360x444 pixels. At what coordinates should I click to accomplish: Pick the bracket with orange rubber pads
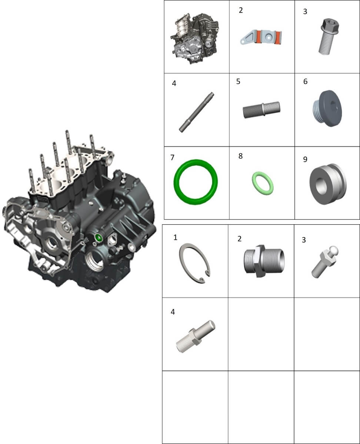pyautogui.click(x=261, y=37)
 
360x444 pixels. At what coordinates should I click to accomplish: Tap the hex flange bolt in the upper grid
pyautogui.click(x=329, y=37)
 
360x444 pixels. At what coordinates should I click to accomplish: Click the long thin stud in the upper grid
pyautogui.click(x=196, y=112)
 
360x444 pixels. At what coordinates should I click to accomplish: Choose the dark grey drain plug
pyautogui.click(x=327, y=108)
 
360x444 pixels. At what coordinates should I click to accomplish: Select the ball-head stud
pyautogui.click(x=325, y=262)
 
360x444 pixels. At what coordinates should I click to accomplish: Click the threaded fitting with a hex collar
pyautogui.click(x=264, y=261)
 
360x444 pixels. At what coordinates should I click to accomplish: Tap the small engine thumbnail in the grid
pyautogui.click(x=195, y=38)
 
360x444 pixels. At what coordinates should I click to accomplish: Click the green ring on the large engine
pyautogui.click(x=98, y=238)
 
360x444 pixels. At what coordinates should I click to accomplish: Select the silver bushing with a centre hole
pyautogui.click(x=328, y=184)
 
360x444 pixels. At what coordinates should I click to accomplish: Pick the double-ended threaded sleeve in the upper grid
pyautogui.click(x=261, y=110)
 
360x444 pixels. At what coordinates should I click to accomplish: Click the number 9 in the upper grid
pyautogui.click(x=305, y=159)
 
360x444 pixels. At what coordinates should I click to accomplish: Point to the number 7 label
pyautogui.click(x=172, y=158)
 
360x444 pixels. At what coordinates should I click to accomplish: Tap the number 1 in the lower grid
pyautogui.click(x=175, y=237)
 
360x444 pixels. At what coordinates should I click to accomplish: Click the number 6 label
pyautogui.click(x=305, y=81)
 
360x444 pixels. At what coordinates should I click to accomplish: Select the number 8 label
pyautogui.click(x=241, y=156)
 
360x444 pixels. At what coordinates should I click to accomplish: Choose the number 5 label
pyautogui.click(x=238, y=81)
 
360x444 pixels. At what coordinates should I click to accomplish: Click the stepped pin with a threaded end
pyautogui.click(x=196, y=336)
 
